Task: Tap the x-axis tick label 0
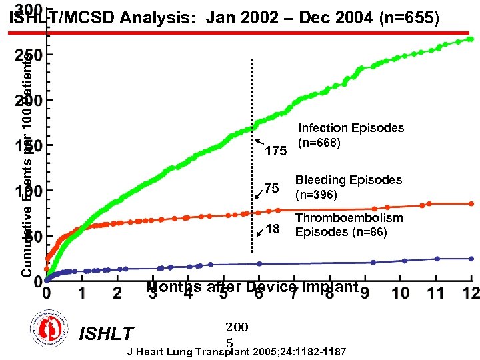46,293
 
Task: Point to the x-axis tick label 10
400,293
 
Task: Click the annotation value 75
271,189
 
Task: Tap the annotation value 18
272,230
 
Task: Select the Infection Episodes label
351,135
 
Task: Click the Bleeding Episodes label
349,187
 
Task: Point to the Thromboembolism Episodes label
349,225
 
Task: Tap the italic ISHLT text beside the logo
106,333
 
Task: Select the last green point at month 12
470,39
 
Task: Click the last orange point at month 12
471,203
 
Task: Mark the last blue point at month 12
471,259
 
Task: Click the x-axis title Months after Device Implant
252,287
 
